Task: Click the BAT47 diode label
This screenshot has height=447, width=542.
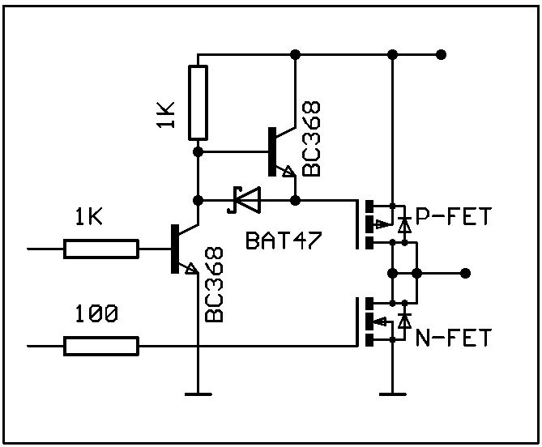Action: coord(280,241)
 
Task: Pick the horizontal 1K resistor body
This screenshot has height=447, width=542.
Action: coord(100,249)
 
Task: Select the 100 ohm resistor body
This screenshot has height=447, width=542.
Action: coord(100,347)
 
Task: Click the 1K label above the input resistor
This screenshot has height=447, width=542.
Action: coord(89,216)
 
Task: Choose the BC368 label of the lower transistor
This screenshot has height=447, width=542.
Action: coord(215,283)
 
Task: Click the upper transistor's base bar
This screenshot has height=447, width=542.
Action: coord(272,151)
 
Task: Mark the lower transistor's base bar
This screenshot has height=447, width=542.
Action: coord(175,249)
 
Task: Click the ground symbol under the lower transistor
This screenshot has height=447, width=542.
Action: coord(198,394)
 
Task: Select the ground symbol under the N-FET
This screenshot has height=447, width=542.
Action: coord(392,394)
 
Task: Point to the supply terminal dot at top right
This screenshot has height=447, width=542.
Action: coord(441,54)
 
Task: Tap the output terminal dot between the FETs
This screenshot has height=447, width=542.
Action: coord(465,273)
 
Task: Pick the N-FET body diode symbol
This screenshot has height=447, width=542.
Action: coord(403,321)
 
